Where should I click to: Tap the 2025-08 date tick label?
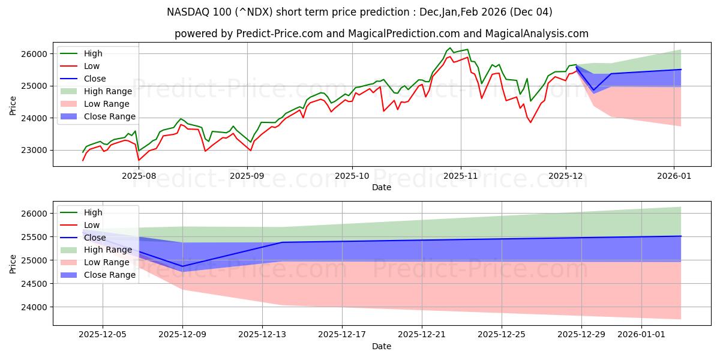click(139, 176)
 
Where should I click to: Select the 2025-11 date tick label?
click(461, 176)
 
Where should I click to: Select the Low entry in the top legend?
click(92, 66)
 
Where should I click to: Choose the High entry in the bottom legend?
click(93, 212)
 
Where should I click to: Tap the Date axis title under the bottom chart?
click(382, 346)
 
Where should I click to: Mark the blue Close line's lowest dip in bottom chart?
click(182, 266)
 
